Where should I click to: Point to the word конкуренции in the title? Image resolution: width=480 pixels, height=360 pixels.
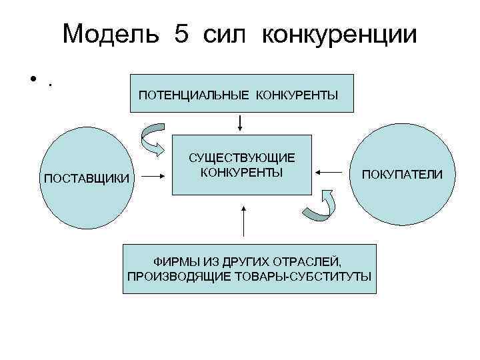339,34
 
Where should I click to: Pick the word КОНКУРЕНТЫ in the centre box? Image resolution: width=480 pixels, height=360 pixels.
241,172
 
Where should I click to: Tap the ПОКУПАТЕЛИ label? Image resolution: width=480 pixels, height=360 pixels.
402,175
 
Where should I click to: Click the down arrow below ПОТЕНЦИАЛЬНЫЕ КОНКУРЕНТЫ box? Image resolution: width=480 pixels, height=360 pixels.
241,124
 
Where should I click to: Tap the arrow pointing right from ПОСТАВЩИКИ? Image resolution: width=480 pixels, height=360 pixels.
154,177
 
